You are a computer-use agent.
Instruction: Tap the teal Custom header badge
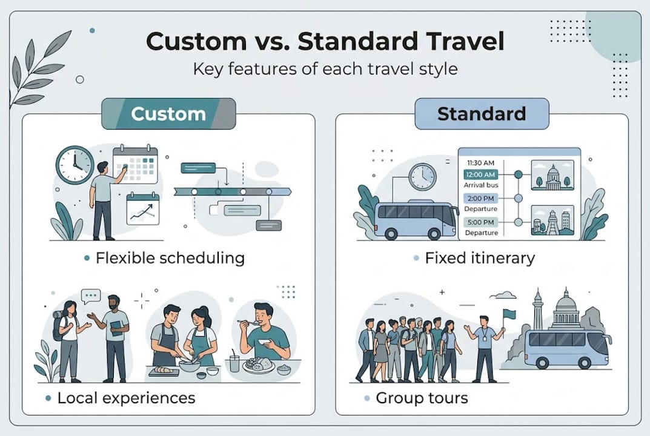pos(168,114)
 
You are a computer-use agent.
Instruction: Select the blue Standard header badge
pos(482,114)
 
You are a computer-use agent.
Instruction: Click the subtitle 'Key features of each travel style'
pos(325,68)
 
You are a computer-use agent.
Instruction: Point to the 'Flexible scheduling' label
pos(170,259)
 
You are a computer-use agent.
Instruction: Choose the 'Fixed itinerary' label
pos(480,259)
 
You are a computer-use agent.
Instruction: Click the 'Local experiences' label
pos(126,398)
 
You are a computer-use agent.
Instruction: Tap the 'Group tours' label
pos(422,398)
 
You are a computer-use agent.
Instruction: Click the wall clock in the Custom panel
pos(75,165)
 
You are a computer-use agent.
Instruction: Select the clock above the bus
pos(422,177)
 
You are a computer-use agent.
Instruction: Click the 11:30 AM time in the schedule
pos(481,163)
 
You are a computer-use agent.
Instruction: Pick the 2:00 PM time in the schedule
pos(481,198)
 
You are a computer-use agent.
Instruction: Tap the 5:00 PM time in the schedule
pos(481,222)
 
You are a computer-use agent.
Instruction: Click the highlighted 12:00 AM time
pos(481,174)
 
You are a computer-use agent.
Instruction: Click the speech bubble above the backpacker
pos(90,296)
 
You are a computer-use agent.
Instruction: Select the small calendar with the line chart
pos(143,209)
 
